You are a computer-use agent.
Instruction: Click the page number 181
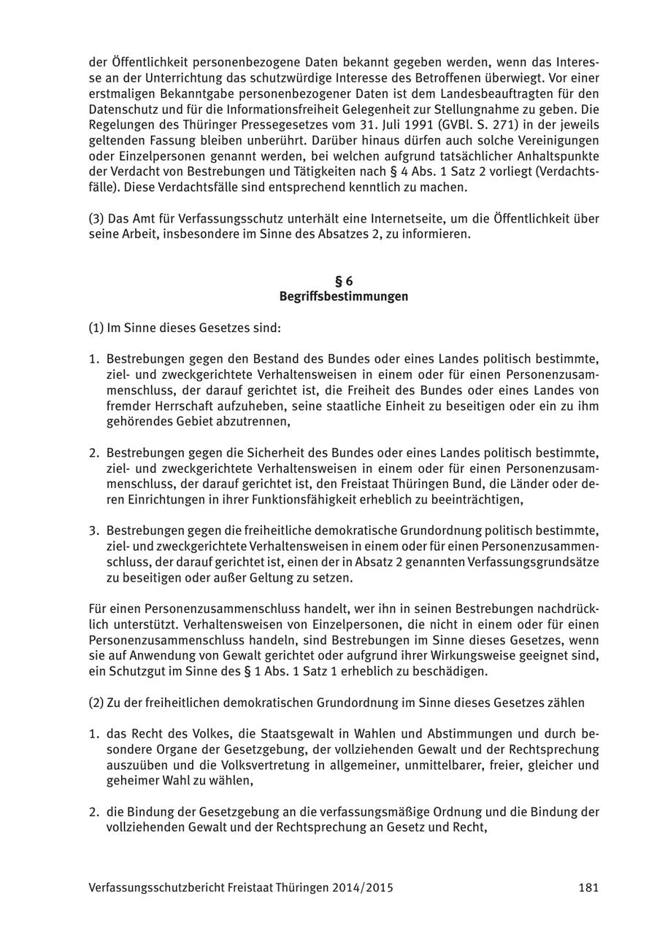[588, 887]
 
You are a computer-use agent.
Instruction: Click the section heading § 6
[343, 281]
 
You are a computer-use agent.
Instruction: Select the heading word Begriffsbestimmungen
[343, 296]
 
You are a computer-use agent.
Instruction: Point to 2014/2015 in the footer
[362, 887]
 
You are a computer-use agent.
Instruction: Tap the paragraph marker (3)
[96, 218]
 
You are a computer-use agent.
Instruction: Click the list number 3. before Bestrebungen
[94, 530]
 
